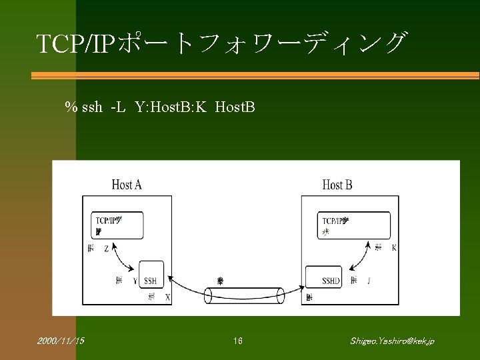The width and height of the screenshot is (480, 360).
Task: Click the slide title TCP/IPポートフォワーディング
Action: point(221,43)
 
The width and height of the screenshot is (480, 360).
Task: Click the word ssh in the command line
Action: point(92,107)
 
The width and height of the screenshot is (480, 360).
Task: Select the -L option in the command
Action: point(118,107)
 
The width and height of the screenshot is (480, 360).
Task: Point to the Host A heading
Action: point(127,185)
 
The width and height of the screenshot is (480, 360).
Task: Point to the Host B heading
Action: point(337,185)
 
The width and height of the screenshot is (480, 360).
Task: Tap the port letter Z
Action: point(107,248)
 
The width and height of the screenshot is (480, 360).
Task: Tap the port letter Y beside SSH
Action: point(135,281)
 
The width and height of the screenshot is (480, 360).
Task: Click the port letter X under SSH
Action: point(167,297)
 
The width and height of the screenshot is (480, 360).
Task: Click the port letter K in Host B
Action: point(394,248)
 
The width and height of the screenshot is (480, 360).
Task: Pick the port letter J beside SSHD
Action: point(369,281)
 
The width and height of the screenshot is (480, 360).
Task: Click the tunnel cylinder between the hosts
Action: point(244,295)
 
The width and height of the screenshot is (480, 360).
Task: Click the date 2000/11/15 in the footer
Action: point(61,341)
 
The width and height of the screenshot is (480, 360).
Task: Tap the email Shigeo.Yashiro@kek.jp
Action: point(392,341)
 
